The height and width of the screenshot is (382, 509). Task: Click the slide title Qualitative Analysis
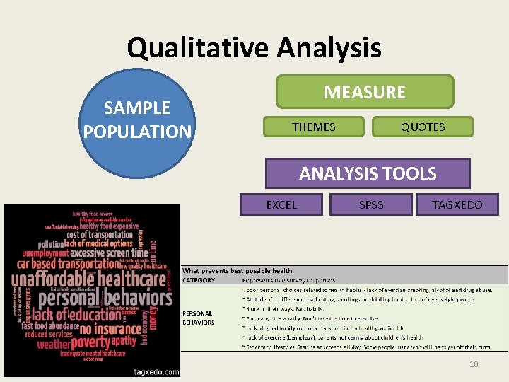point(254,48)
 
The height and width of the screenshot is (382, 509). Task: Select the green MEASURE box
point(365,92)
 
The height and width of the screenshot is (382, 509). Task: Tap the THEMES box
point(314,127)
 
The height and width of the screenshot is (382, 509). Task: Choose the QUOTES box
point(423,127)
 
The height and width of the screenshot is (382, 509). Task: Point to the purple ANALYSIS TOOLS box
point(368,173)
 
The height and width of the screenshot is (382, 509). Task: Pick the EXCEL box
point(281,205)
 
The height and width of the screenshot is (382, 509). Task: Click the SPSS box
point(371,205)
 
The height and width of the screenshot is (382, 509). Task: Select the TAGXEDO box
point(457,205)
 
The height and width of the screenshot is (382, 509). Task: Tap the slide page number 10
point(474,364)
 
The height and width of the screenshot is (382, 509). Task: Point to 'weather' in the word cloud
point(54,345)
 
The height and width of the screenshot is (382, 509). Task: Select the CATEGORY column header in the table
point(199,280)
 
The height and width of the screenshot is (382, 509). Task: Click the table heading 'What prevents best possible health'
point(237,270)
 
